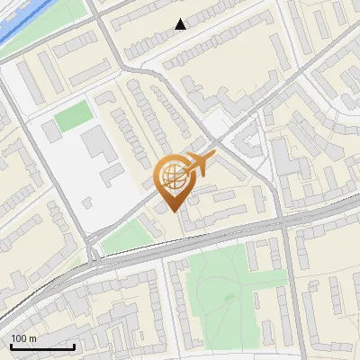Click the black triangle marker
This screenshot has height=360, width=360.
point(181,24)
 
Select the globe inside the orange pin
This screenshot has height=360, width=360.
point(172,177)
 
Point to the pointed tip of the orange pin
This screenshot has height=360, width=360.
point(172,211)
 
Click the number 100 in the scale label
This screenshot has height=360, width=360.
point(18,338)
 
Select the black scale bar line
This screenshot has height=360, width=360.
point(41,346)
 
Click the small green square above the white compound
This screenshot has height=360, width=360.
point(73,115)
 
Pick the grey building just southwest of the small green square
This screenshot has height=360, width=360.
point(51,130)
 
